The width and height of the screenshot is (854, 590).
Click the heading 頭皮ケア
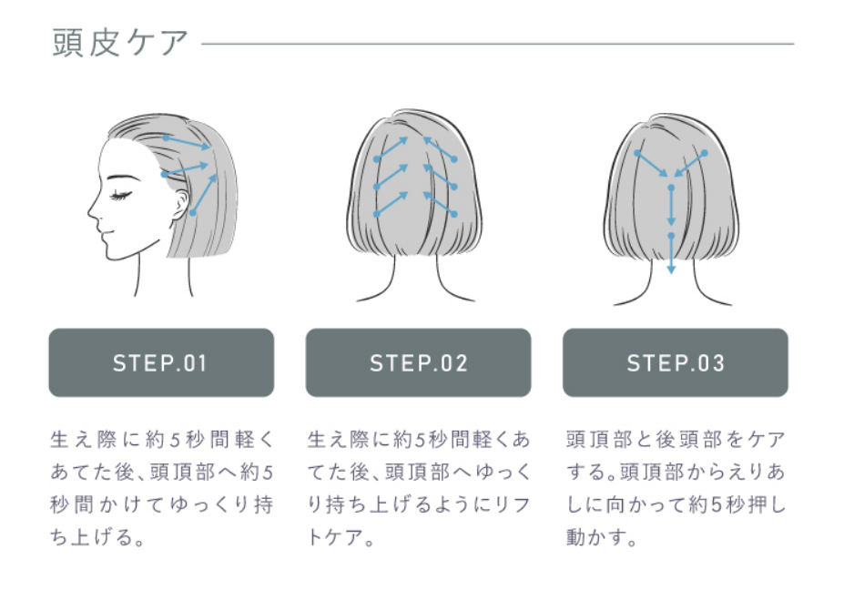tap(120, 43)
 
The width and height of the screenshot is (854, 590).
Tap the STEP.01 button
tap(161, 363)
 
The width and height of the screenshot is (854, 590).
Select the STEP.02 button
tap(418, 363)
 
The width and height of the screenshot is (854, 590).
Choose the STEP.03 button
tap(675, 363)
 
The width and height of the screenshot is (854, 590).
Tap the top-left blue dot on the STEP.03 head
tap(637, 152)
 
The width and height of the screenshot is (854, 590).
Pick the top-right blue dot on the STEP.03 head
tap(705, 152)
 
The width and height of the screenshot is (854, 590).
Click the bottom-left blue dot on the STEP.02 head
tap(376, 215)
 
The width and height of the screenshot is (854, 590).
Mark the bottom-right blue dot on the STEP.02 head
tap(453, 215)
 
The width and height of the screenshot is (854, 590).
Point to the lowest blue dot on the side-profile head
tap(193, 213)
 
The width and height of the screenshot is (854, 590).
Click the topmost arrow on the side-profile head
tap(188, 143)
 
